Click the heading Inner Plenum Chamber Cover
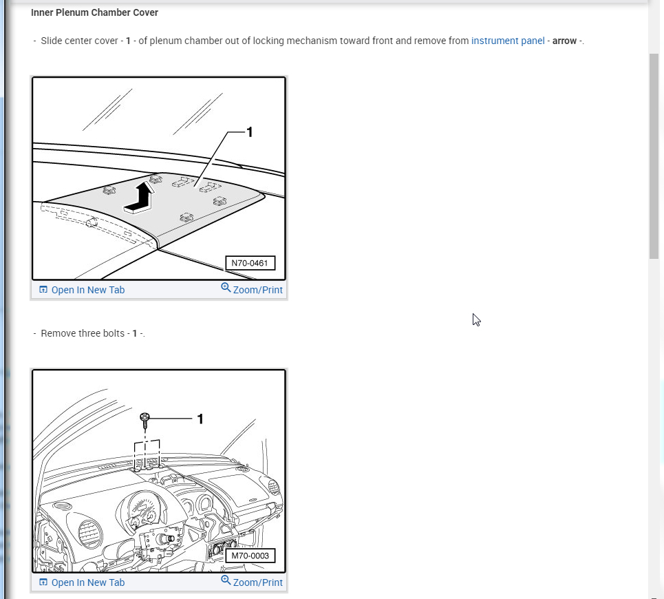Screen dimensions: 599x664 [x=94, y=13]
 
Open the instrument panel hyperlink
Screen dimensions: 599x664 [x=508, y=41]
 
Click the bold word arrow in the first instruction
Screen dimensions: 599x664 [x=564, y=41]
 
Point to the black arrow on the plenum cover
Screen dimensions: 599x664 [x=139, y=198]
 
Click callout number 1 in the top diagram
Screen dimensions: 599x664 [x=249, y=132]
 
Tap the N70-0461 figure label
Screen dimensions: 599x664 [x=250, y=263]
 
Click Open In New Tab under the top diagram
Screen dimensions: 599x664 [x=87, y=290]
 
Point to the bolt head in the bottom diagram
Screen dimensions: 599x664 [x=145, y=417]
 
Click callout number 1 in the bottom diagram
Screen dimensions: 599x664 [x=200, y=419]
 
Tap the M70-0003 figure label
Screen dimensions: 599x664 [x=250, y=556]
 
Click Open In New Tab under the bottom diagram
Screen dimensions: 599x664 [x=87, y=582]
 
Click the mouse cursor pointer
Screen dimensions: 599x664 [x=476, y=319]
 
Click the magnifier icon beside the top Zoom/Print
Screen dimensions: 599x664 [x=226, y=288]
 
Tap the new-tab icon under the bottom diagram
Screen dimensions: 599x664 [x=43, y=582]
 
